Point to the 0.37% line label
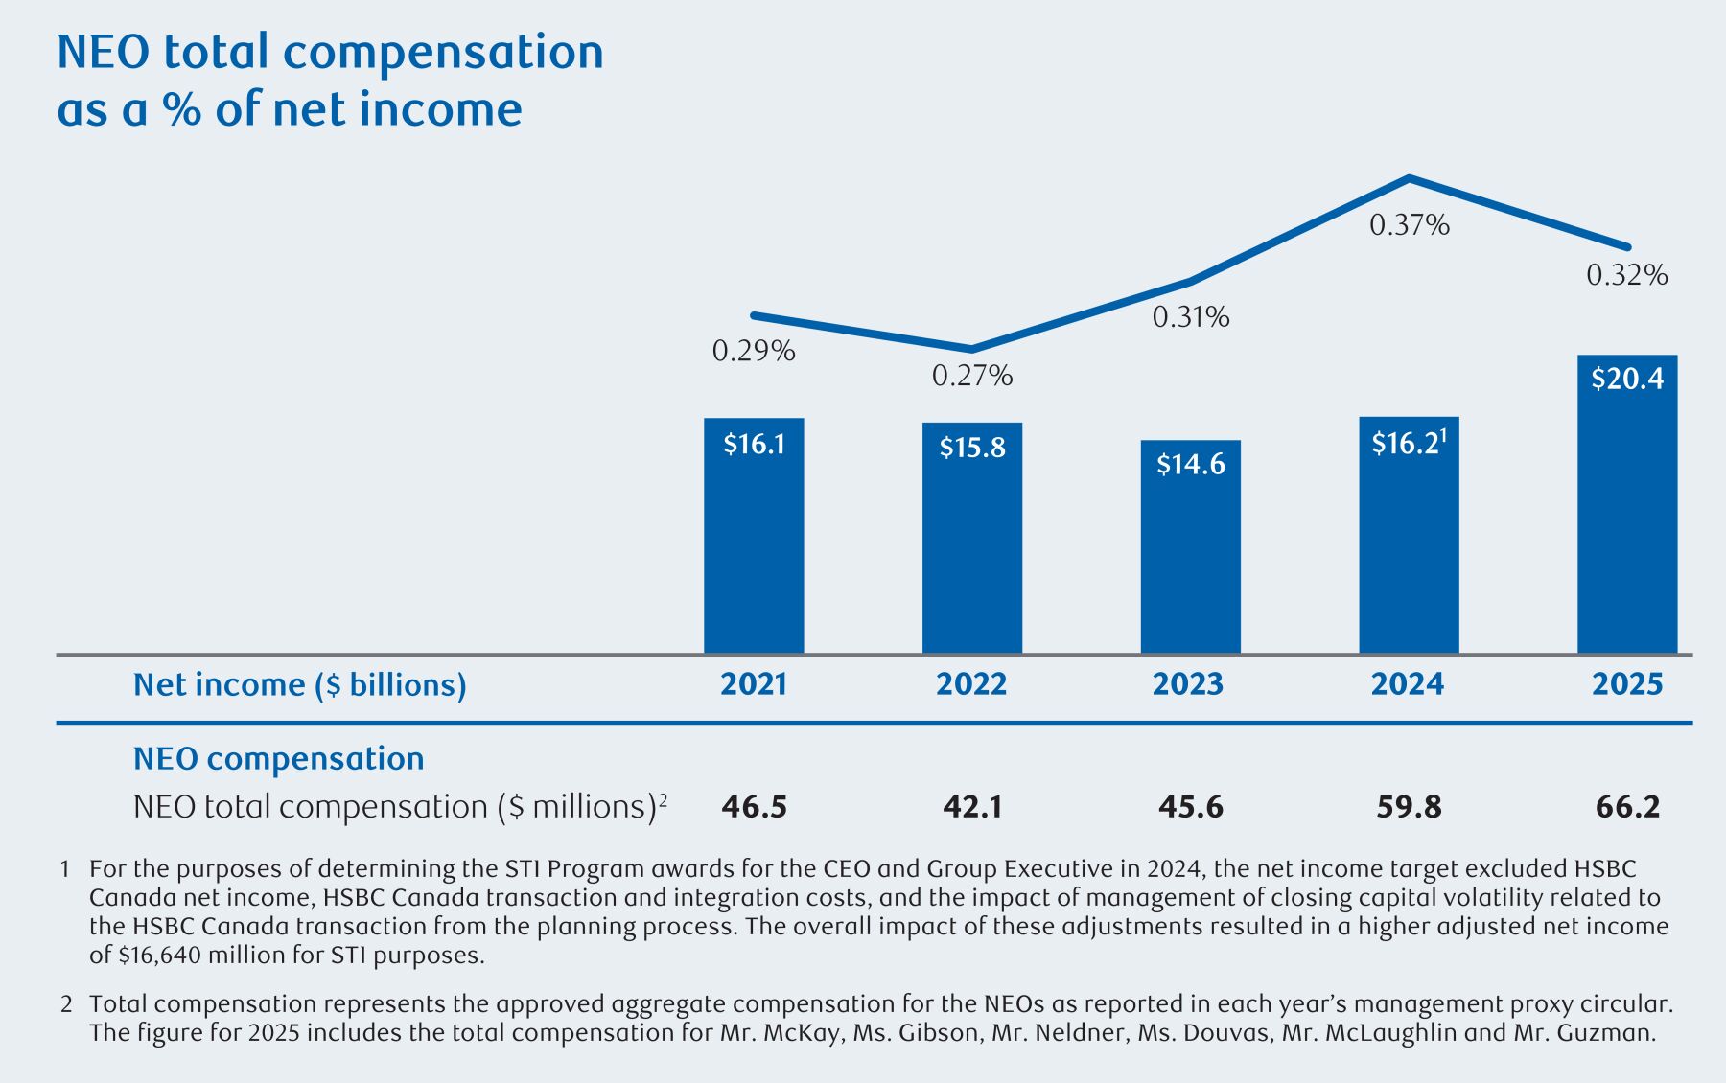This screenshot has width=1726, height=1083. point(1409,225)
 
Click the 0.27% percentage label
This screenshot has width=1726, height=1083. point(972,376)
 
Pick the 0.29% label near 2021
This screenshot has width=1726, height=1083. point(754,352)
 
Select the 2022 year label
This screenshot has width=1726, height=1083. point(971,684)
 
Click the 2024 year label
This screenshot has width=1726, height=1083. point(1408,684)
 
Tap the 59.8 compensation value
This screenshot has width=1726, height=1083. point(1409,807)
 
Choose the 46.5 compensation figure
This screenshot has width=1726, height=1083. point(754,807)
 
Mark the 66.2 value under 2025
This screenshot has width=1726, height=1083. point(1627,807)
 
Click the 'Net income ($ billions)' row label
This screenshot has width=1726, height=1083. point(299,684)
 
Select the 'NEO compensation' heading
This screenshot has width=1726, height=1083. point(278,758)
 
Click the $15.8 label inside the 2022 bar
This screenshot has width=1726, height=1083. point(972,448)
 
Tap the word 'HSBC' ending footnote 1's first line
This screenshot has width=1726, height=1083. point(1606,869)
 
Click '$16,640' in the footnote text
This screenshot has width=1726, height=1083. point(156,956)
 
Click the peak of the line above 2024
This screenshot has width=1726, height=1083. point(1409,178)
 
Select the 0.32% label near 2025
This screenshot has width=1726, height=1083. point(1627,276)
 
